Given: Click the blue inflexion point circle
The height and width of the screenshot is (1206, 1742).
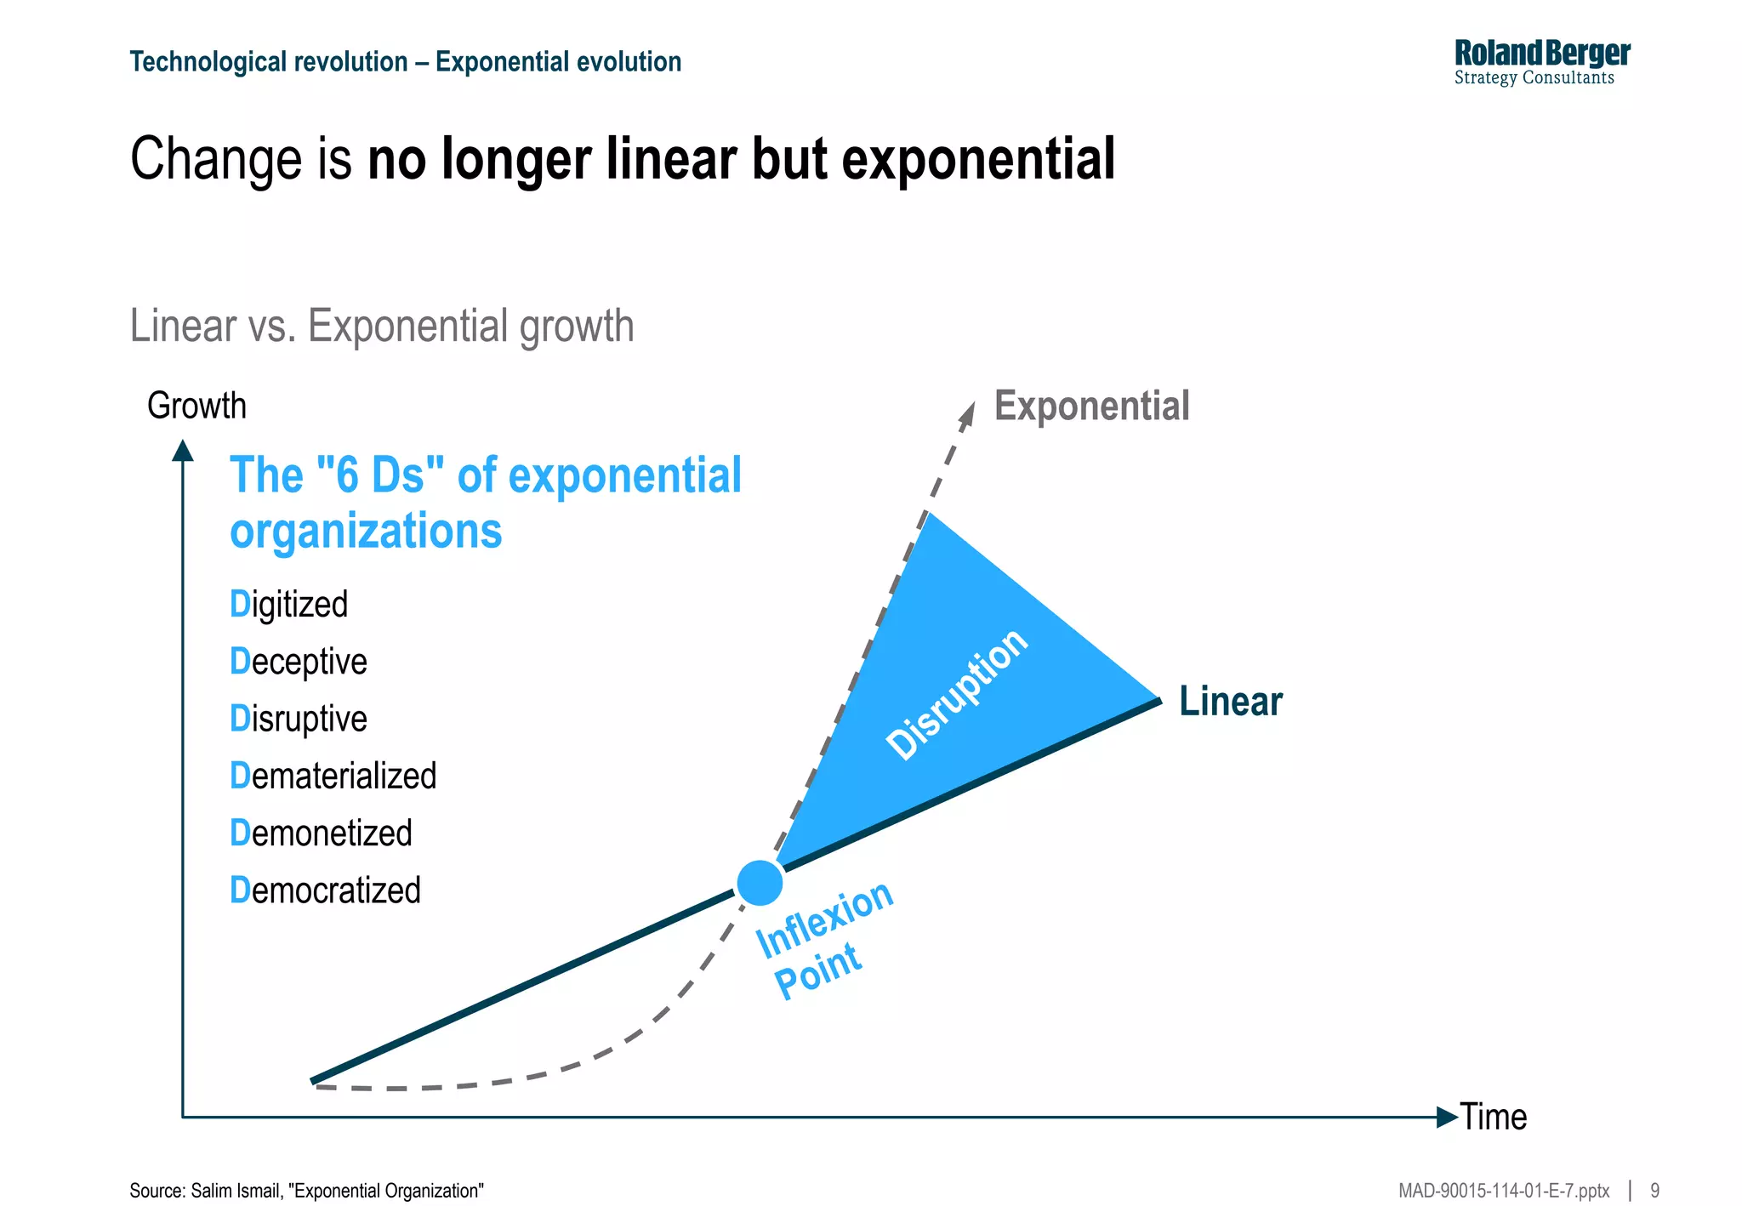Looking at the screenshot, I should tap(760, 883).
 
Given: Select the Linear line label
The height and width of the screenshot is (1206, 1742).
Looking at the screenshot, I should tap(1230, 702).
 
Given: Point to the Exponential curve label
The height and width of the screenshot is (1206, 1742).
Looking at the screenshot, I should tap(1091, 406).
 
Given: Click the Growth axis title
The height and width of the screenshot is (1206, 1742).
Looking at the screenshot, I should tap(196, 406).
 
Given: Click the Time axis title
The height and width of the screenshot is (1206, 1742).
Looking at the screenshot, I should tap(1494, 1117).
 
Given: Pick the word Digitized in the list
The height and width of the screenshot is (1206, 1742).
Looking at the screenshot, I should tap(289, 605).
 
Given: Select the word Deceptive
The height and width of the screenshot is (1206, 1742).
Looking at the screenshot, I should tap(299, 662).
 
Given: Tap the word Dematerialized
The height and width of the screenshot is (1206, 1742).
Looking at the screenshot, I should tap(333, 776).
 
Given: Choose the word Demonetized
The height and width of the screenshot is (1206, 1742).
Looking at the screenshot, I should tap(322, 833).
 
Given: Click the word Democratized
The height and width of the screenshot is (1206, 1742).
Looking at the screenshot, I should tap(326, 890).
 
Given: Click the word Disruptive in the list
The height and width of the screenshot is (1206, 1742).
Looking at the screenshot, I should tap(299, 719).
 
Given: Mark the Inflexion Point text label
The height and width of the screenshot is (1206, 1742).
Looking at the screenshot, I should tap(822, 941).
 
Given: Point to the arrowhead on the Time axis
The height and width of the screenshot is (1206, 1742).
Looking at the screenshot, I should tap(1447, 1117).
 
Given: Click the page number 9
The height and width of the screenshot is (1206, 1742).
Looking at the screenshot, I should tap(1654, 1191).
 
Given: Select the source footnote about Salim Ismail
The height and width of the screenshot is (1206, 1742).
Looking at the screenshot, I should tap(306, 1191).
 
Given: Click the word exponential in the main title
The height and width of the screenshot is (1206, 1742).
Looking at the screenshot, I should tap(978, 159).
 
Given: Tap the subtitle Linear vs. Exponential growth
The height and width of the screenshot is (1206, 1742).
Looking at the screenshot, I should tap(382, 326).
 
